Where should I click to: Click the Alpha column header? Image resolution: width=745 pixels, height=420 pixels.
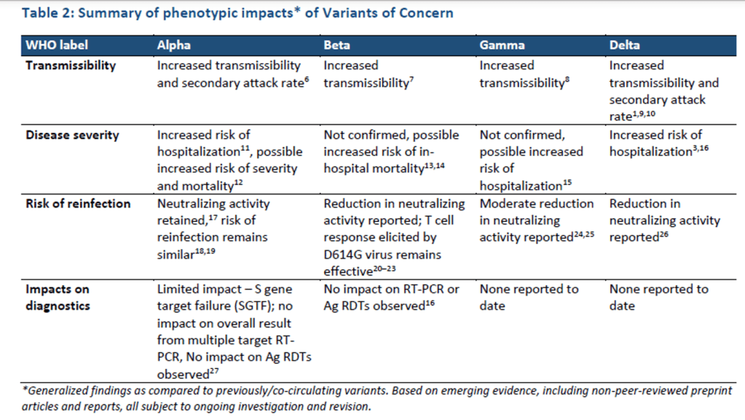point(174,45)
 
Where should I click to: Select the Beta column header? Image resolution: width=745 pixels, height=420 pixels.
point(337,45)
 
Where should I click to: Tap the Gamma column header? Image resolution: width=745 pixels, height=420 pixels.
point(502,45)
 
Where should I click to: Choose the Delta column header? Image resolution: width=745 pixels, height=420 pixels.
point(624,45)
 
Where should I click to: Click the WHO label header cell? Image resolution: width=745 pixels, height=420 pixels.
point(57,45)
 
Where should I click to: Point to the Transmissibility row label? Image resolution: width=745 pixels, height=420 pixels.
point(71,66)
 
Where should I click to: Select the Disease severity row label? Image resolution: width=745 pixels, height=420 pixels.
point(72,135)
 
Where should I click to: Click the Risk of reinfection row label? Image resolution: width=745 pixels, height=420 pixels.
point(78,203)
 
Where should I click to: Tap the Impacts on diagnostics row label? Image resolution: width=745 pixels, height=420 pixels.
point(58,298)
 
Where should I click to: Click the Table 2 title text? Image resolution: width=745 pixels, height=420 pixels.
point(237,13)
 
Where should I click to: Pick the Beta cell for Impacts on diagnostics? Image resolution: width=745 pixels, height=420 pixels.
point(392,298)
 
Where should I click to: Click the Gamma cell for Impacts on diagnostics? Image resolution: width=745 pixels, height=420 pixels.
point(529,298)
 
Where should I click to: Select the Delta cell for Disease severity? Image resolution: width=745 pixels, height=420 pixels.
point(659,143)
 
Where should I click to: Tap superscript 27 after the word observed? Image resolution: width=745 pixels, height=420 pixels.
point(214,371)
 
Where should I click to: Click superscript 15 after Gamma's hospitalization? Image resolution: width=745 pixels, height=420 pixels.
point(567,183)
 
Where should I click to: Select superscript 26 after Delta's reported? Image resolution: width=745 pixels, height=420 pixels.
point(663,234)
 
